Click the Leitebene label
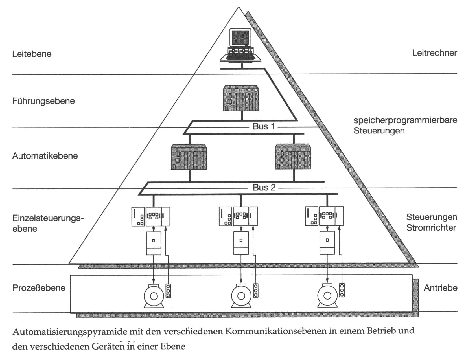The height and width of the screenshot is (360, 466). pyautogui.click(x=32, y=54)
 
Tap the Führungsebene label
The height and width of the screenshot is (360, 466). pyautogui.click(x=43, y=101)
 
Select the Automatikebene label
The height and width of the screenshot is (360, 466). pyautogui.click(x=45, y=156)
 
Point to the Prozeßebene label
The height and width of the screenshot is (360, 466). pyautogui.click(x=39, y=288)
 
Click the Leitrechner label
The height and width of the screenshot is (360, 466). pyautogui.click(x=434, y=53)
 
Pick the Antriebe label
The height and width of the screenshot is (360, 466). pyautogui.click(x=440, y=288)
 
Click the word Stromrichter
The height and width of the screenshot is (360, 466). pyautogui.click(x=431, y=228)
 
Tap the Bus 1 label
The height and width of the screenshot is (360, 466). pyautogui.click(x=264, y=126)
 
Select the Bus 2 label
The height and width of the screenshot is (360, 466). pyautogui.click(x=264, y=188)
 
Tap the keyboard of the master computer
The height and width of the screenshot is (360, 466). pyautogui.click(x=240, y=57)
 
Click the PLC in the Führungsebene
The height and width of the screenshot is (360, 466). pyautogui.click(x=241, y=98)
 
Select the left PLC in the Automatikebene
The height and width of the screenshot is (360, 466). pyautogui.click(x=189, y=157)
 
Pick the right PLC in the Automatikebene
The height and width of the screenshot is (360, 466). pyautogui.click(x=293, y=157)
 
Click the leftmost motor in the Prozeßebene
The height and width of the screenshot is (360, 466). pyautogui.click(x=154, y=296)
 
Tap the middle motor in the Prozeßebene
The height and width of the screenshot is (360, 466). pyautogui.click(x=241, y=296)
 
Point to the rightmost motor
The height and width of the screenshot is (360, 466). pyautogui.click(x=327, y=296)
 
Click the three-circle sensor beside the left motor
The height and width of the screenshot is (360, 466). pyautogui.click(x=168, y=291)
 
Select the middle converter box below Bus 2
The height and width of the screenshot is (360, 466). pyautogui.click(x=241, y=243)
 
